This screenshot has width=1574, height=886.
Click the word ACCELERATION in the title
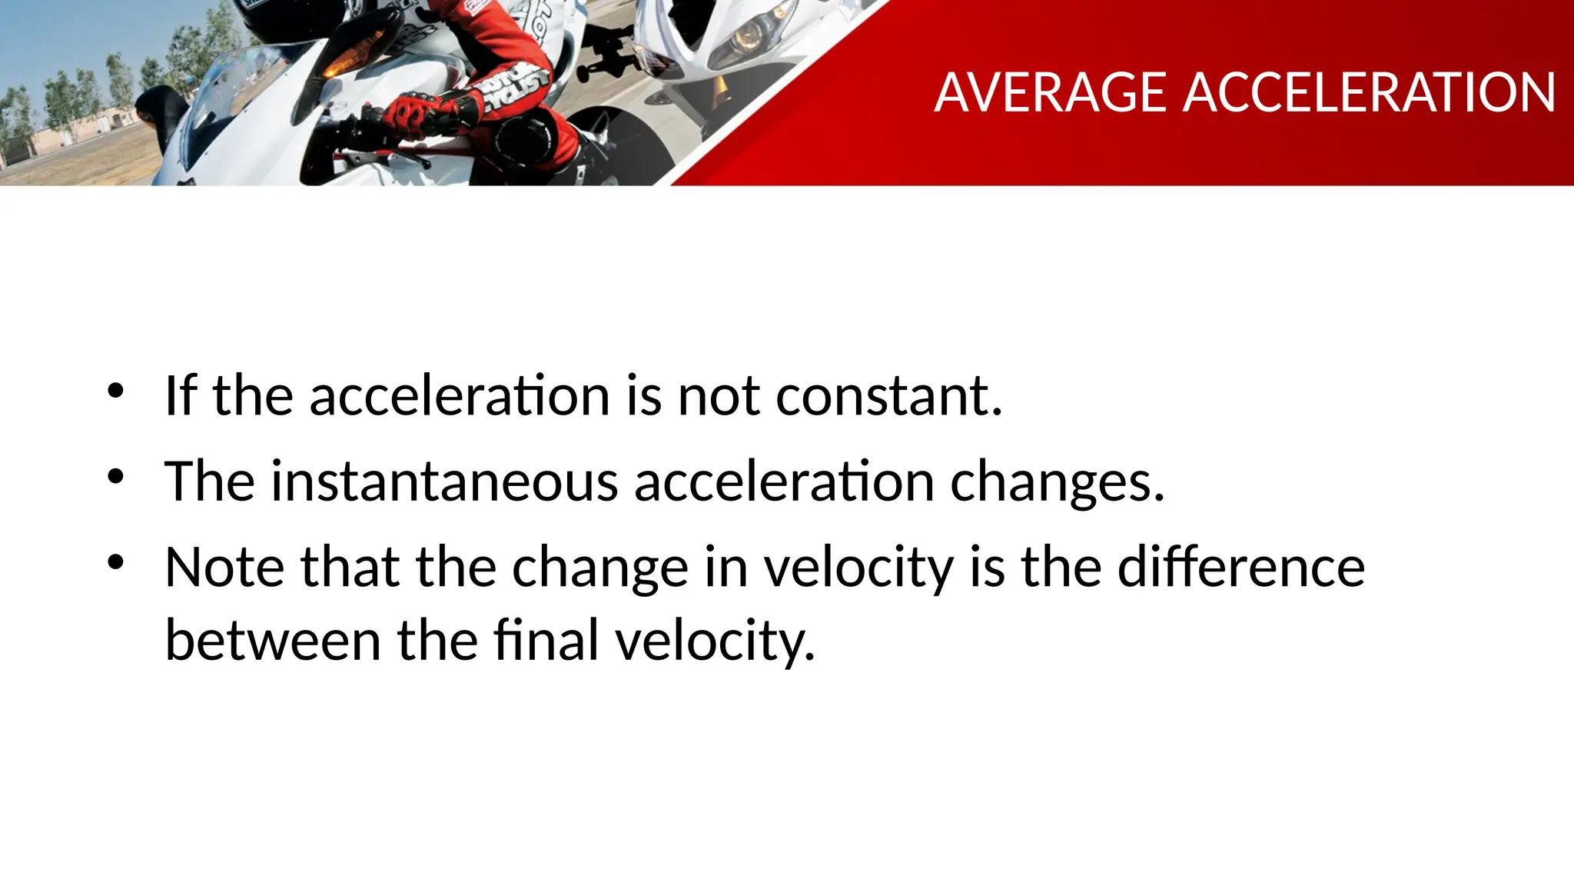coord(1370,93)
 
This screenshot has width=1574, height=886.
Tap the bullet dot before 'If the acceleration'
coord(115,391)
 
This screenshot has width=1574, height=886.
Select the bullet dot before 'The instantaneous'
coord(115,477)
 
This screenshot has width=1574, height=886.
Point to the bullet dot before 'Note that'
coord(115,563)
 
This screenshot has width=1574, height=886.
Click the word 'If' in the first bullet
coord(181,395)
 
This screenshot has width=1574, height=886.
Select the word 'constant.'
coord(889,395)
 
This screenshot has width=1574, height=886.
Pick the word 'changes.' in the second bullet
coord(1058,483)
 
